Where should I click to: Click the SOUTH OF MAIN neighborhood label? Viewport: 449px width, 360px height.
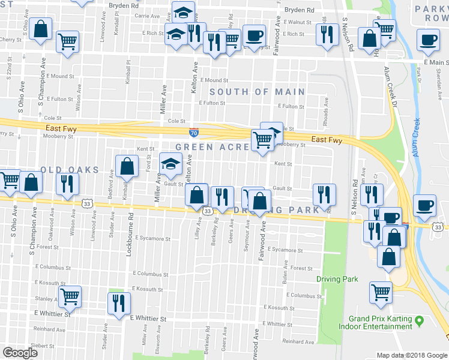click(x=257, y=92)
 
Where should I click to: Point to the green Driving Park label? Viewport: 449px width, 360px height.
click(x=337, y=279)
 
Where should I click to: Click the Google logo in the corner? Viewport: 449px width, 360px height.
click(x=20, y=353)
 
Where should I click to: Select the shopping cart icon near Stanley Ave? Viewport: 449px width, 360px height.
click(x=70, y=295)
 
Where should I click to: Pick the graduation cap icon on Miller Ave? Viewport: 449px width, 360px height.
click(x=170, y=163)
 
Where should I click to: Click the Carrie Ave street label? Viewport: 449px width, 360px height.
click(x=146, y=16)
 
